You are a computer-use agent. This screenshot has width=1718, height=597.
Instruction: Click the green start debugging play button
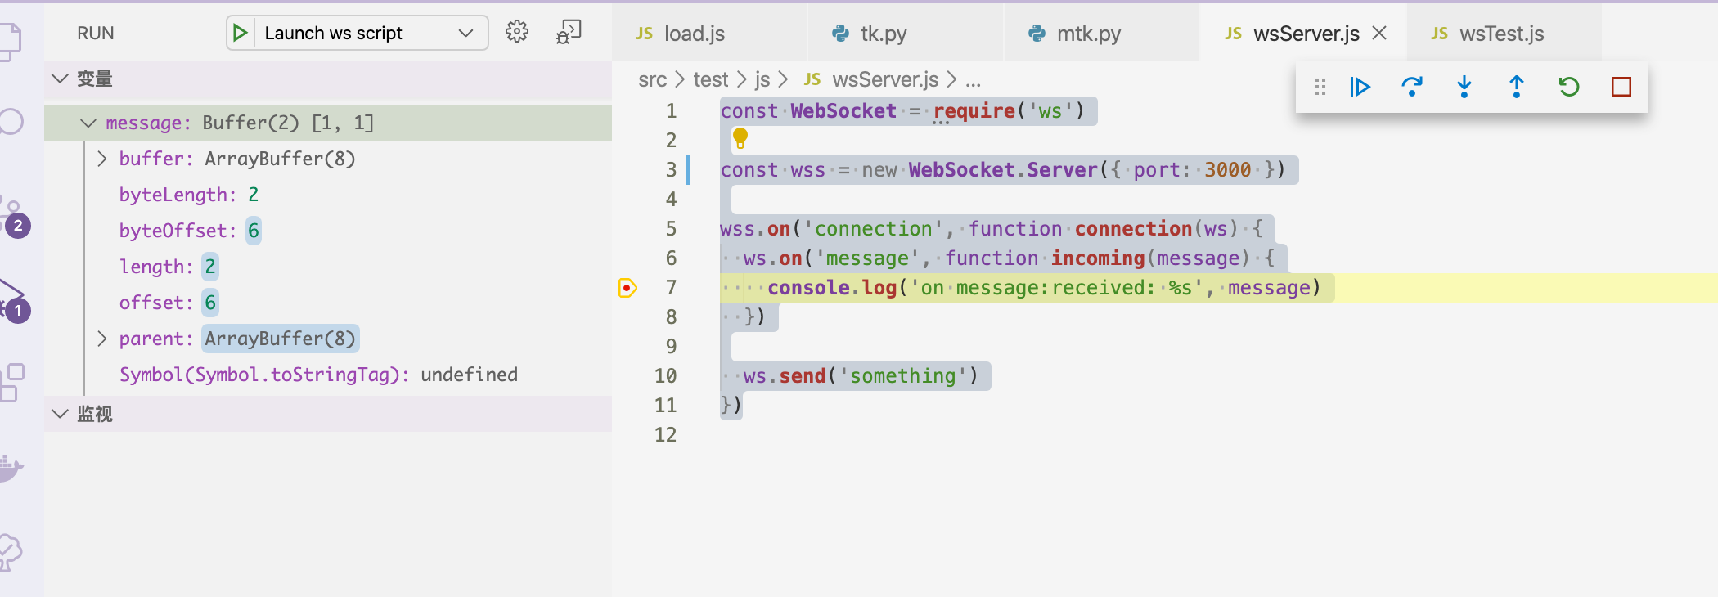(240, 33)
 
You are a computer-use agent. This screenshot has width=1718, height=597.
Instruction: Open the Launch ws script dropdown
(466, 33)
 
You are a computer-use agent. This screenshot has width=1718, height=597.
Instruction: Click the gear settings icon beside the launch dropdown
(517, 32)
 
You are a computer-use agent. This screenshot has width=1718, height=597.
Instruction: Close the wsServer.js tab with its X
(1379, 33)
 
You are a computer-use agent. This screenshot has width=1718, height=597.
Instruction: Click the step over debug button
(1412, 87)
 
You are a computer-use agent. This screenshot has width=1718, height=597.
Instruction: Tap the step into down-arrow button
(1464, 87)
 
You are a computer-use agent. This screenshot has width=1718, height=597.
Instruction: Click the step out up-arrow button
(1516, 87)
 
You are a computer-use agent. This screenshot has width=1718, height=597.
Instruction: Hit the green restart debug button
(1568, 87)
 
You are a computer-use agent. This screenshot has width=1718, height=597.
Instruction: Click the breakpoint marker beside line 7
(627, 288)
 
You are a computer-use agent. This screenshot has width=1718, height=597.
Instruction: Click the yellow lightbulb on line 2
(740, 138)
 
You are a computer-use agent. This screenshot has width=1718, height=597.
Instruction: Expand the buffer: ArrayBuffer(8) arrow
(102, 159)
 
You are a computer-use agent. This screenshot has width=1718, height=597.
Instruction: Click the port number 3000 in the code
(1227, 170)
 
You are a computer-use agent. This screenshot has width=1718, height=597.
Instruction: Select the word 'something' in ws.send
(902, 376)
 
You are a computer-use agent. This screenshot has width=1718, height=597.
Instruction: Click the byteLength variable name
(173, 195)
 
